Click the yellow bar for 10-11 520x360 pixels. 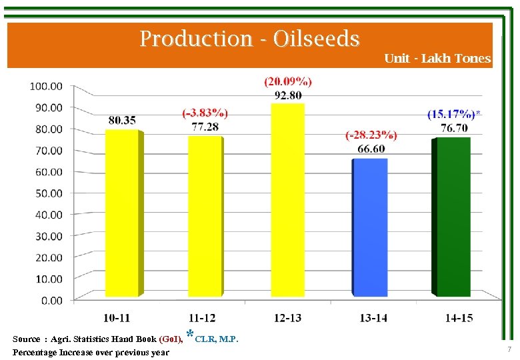tap(122, 213)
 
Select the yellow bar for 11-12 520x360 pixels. tap(204, 217)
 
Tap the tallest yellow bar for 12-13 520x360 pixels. tap(287, 200)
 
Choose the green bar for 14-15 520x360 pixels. tap(453, 217)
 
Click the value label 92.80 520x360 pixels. tap(288, 95)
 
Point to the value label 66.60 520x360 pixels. tap(371, 148)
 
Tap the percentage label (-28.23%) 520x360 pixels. tap(371, 135)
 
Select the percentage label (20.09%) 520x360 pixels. tap(288, 81)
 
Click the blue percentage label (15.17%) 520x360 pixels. tap(451, 114)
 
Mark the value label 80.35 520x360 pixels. tap(122, 120)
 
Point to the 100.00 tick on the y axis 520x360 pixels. tap(46, 86)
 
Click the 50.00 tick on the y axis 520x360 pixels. tap(46, 193)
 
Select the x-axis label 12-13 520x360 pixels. tap(287, 318)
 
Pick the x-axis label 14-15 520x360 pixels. tap(459, 318)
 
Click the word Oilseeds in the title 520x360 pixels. tap(317, 39)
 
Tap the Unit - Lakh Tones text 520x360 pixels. tap(437, 59)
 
